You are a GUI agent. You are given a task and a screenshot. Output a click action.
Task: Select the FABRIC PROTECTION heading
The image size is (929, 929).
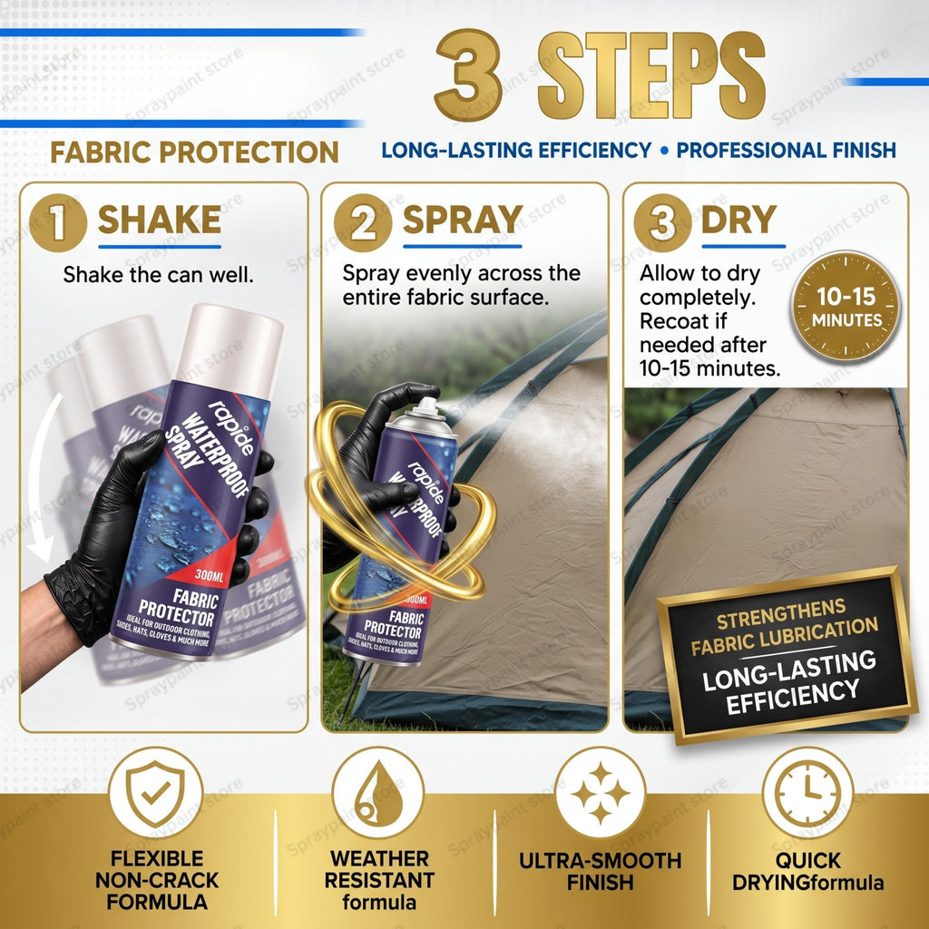(x=194, y=152)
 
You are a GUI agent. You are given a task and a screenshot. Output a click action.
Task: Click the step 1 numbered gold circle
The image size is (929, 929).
(x=58, y=223)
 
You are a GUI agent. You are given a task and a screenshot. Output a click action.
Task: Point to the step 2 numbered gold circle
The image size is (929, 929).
(x=363, y=223)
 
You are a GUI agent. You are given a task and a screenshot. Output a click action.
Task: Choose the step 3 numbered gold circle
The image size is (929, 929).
(x=662, y=223)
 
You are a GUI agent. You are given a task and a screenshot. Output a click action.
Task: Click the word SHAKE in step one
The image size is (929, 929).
(x=160, y=220)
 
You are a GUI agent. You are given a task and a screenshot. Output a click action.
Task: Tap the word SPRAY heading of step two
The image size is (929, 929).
(x=463, y=220)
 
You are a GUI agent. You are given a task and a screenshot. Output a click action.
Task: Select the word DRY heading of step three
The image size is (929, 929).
(x=738, y=220)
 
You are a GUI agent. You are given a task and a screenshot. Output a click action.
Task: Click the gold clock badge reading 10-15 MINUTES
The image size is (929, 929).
(x=846, y=307)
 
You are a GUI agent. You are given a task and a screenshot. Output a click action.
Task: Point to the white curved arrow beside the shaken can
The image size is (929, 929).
(x=36, y=474)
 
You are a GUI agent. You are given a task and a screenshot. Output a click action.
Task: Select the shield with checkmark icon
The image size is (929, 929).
(x=155, y=793)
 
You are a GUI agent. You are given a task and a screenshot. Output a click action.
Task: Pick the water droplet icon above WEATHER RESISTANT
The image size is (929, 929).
(x=378, y=793)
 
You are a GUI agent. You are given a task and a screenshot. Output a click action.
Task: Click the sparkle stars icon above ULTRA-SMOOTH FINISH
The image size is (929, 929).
(x=601, y=793)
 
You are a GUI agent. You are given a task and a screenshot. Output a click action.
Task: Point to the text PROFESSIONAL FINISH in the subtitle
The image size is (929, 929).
(x=786, y=151)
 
